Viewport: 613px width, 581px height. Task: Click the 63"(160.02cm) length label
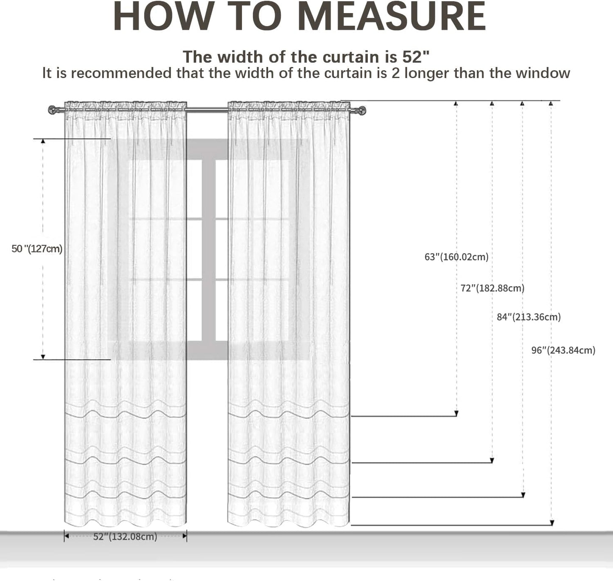[x=456, y=257]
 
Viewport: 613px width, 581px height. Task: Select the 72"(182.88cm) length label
[x=493, y=288]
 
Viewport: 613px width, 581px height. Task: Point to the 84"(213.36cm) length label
[x=529, y=317]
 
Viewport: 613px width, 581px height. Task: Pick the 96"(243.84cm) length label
[x=563, y=350]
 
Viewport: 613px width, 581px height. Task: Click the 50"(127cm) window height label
[x=37, y=249]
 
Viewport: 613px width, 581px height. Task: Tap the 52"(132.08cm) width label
[x=125, y=537]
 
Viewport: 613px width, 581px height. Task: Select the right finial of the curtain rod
[x=362, y=111]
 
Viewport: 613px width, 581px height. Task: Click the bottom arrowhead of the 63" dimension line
[x=456, y=413]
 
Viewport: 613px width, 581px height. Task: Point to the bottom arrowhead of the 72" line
[x=492, y=461]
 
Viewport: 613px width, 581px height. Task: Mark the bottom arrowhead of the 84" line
[x=523, y=494]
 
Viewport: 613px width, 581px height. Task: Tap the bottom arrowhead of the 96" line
[x=552, y=523]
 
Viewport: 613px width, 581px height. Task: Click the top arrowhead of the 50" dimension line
[x=43, y=142]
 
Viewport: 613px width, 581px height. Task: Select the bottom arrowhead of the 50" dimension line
[x=43, y=357]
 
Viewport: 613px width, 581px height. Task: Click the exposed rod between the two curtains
[x=207, y=109]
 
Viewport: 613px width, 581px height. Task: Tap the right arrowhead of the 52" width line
[x=185, y=536]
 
